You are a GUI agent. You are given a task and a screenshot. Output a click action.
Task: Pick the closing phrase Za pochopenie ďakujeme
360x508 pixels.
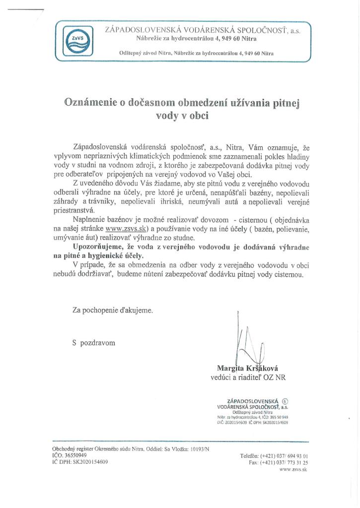pos(113,311)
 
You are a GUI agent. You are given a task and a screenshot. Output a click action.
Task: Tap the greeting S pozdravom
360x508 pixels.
pos(94,343)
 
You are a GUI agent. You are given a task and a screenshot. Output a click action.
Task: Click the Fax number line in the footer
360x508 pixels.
pos(279,462)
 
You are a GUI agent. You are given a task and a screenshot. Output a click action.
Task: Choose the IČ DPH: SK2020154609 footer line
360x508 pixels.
pos(80,461)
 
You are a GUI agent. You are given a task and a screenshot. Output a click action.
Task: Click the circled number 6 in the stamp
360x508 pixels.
pos(285,402)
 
